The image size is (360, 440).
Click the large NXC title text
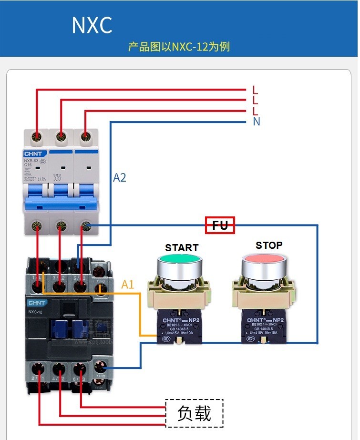tap(92, 25)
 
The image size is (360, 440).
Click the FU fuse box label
tap(220, 225)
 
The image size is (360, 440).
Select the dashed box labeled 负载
tap(194, 413)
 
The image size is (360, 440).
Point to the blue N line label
tap(257, 122)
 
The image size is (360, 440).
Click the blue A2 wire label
tap(120, 178)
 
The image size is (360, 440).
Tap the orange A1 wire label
tap(128, 285)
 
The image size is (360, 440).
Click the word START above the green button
tap(182, 247)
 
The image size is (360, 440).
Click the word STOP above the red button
tap(269, 245)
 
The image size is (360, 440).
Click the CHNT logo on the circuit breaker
tap(33, 154)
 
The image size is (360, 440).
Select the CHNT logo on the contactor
tap(37, 303)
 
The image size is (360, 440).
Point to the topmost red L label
tap(256, 90)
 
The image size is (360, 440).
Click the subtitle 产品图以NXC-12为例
tap(179, 47)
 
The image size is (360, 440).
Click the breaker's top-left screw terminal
tap(37, 137)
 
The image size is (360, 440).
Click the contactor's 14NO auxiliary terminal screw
tap(100, 367)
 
